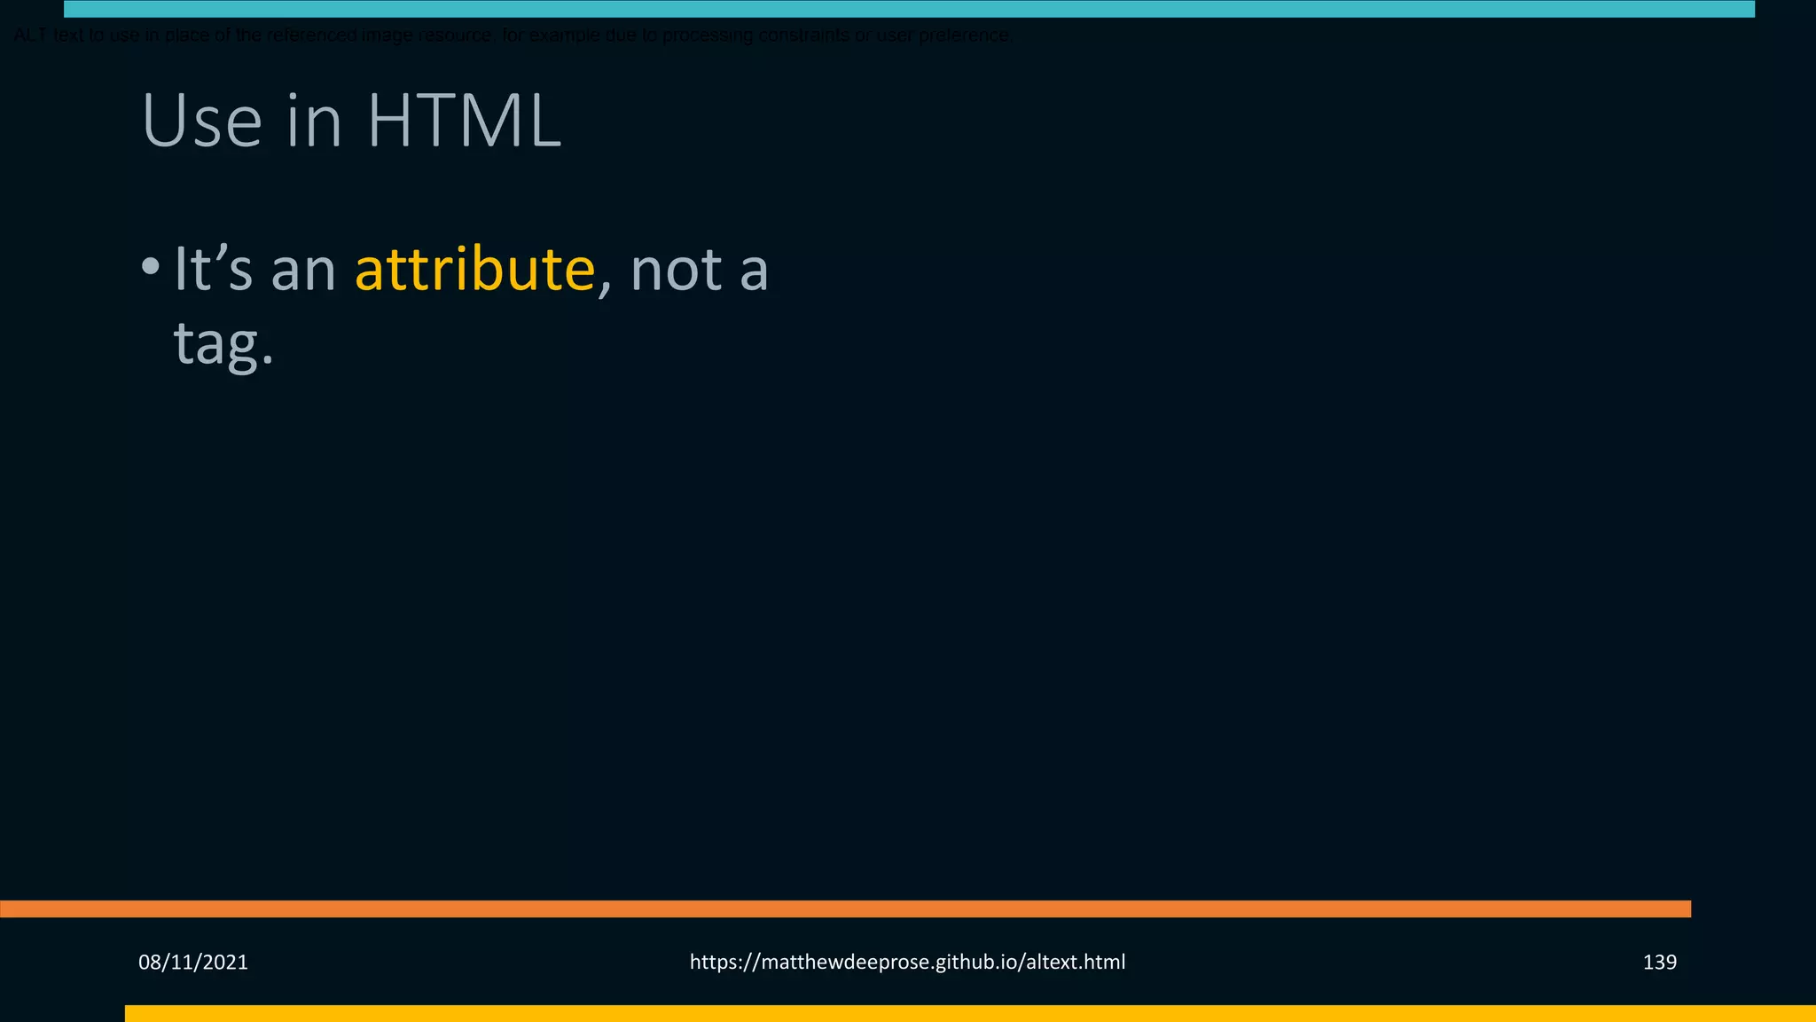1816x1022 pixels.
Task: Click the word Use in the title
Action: [x=201, y=121]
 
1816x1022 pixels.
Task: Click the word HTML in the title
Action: [x=464, y=121]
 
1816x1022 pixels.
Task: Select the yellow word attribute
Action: [x=474, y=269]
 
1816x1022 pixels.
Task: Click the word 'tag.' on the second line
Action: [x=223, y=343]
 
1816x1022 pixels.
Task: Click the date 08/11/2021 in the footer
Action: [x=193, y=962]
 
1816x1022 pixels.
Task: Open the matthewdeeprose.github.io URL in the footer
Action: [x=907, y=962]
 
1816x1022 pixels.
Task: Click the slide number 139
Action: [x=1659, y=962]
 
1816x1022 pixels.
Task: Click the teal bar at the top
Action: [x=909, y=9]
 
